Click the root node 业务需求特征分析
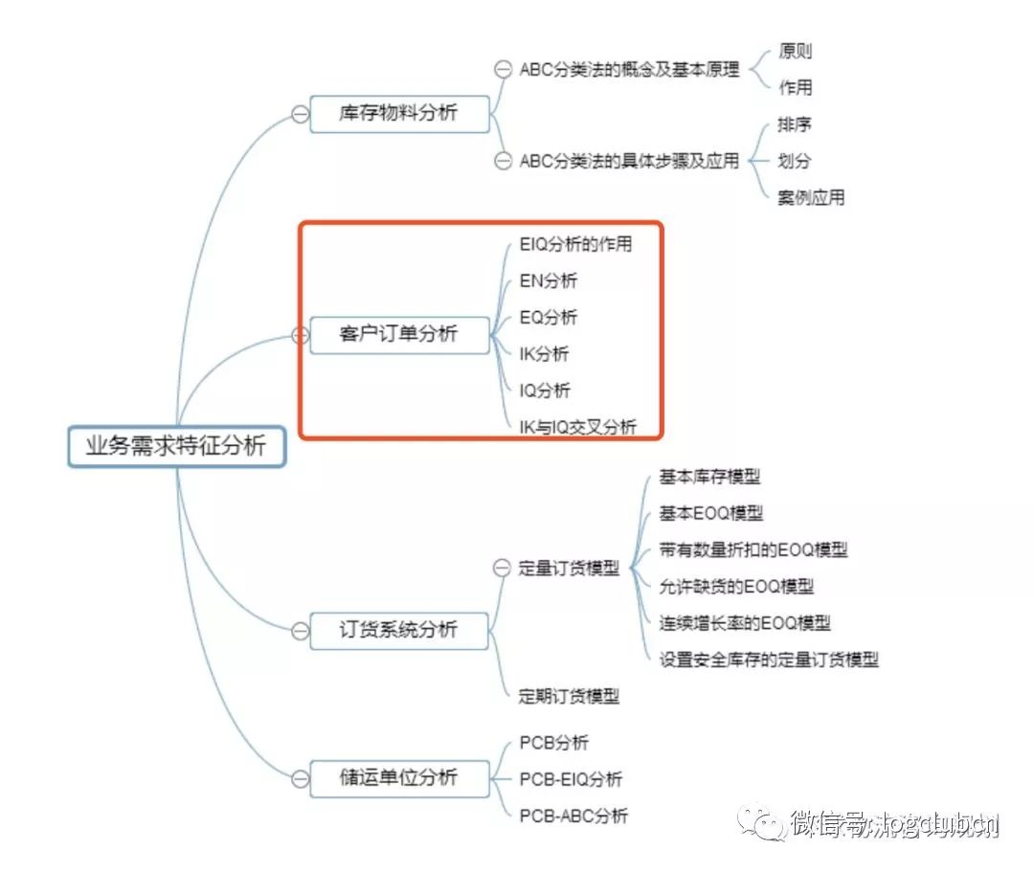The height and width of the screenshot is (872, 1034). click(176, 446)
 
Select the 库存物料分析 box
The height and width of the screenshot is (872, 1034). click(398, 113)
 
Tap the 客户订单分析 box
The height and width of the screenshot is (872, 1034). click(398, 335)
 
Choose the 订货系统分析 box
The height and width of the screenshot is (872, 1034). click(398, 630)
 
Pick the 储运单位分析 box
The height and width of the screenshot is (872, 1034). click(398, 777)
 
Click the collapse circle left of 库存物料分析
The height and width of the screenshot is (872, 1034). click(300, 114)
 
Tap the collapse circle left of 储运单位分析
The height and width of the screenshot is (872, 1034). click(300, 778)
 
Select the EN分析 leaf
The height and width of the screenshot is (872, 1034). click(549, 280)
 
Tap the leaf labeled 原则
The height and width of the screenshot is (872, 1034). click(795, 52)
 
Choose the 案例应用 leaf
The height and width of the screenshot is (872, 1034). click(811, 198)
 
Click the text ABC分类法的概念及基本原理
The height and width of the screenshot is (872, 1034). click(629, 70)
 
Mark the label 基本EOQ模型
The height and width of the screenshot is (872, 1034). click(711, 513)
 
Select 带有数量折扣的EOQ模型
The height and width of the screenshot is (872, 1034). click(753, 549)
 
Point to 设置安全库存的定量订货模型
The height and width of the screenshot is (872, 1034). click(769, 659)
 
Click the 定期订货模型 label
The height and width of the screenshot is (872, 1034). click(569, 696)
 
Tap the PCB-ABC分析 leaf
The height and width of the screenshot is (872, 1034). click(573, 816)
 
